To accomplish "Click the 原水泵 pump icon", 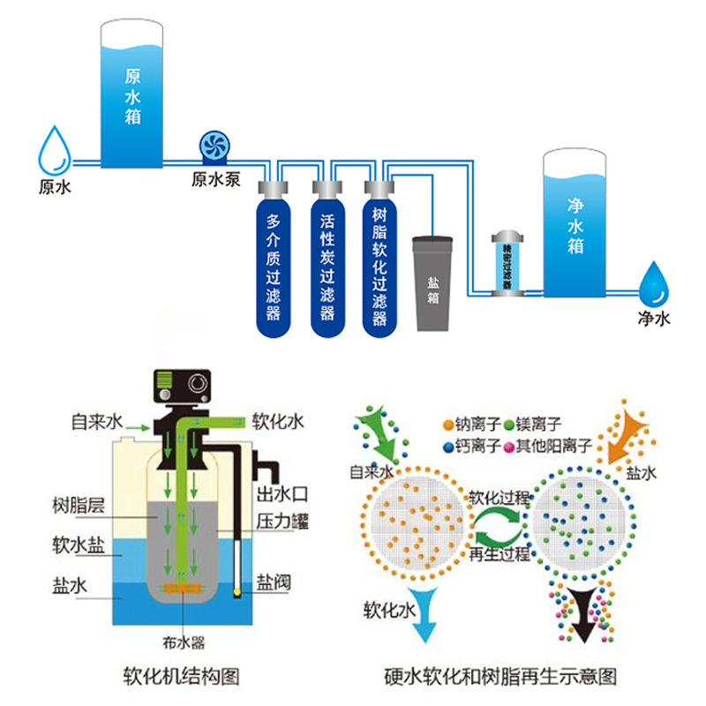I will tap(215, 147).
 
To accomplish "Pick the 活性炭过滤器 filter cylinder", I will tap(327, 260).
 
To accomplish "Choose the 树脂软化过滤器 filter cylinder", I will tap(380, 260).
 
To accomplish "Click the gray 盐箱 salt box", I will tap(433, 282).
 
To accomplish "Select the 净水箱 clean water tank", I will tap(575, 225).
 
